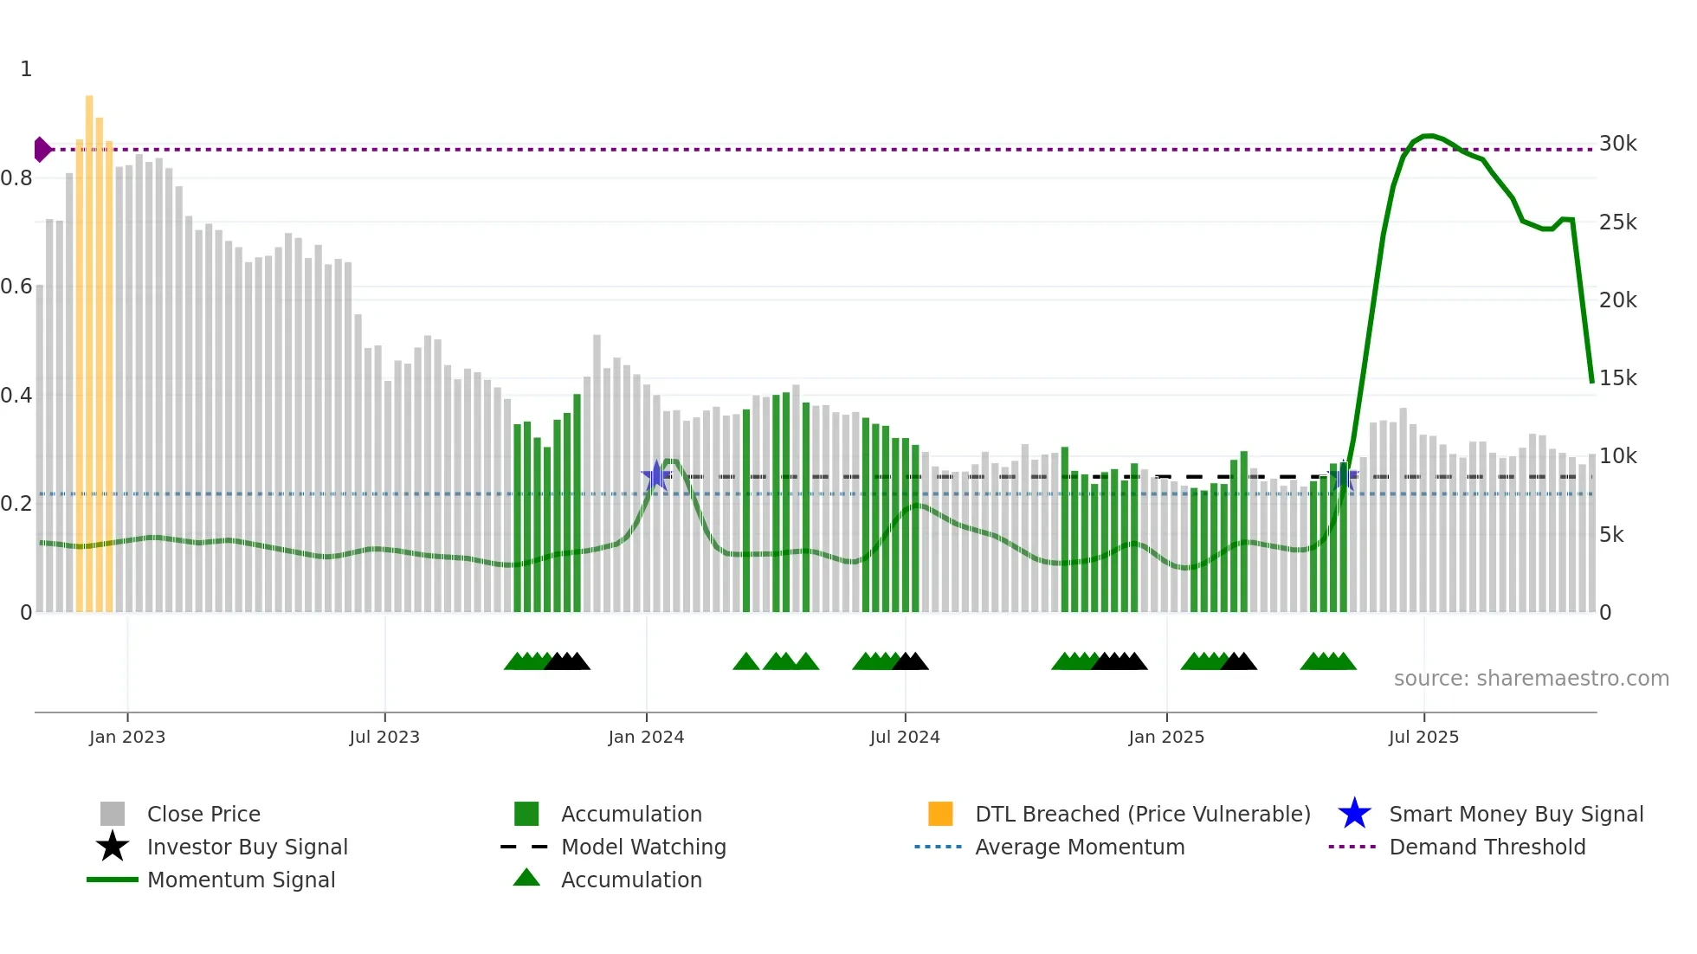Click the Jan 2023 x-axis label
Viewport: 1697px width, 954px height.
(x=126, y=737)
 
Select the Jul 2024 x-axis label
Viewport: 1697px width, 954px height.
(x=905, y=737)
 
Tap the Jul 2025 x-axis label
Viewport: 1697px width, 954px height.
(x=1423, y=737)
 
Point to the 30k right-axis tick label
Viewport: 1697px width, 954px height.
(x=1617, y=144)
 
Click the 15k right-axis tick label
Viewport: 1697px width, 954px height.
(x=1617, y=378)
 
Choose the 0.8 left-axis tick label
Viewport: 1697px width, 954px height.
(x=16, y=178)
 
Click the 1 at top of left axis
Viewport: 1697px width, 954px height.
(x=26, y=69)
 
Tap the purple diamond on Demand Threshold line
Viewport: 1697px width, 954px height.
(x=42, y=150)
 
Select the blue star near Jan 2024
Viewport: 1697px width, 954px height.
(x=656, y=475)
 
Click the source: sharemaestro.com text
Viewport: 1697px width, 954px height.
(x=1531, y=679)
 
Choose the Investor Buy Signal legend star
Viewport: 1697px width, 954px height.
(x=113, y=847)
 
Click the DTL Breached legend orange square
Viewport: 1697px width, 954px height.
(x=940, y=814)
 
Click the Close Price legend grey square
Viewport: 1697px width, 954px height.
(x=113, y=814)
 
